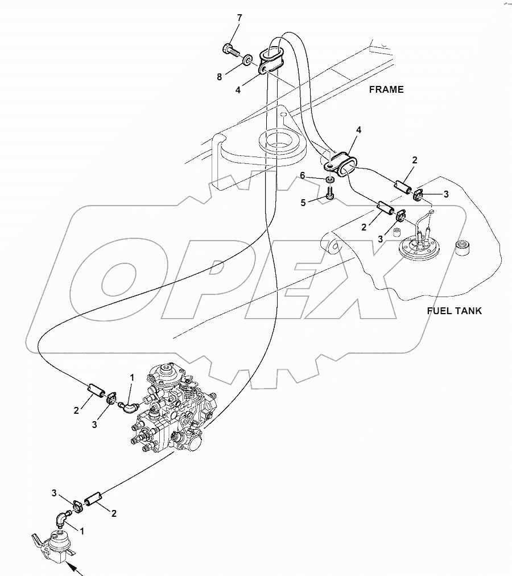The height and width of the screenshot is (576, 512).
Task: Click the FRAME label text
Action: [x=386, y=89]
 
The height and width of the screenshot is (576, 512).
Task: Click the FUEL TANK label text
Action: [x=455, y=311]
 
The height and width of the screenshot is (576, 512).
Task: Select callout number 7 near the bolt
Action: [x=239, y=18]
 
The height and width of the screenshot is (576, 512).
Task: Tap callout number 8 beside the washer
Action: [x=219, y=76]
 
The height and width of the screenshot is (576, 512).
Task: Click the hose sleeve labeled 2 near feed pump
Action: [x=92, y=500]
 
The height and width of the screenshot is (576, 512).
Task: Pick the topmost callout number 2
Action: [x=415, y=161]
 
